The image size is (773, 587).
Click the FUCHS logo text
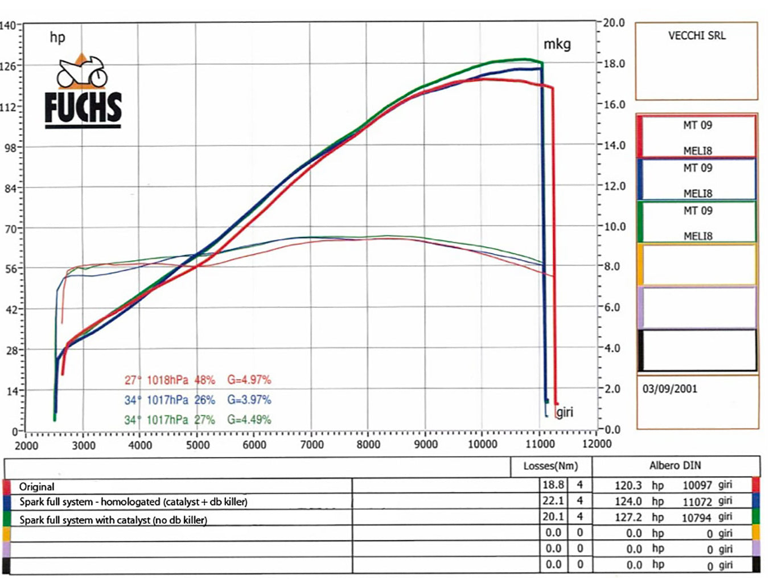(x=83, y=108)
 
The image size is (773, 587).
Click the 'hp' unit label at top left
(x=57, y=38)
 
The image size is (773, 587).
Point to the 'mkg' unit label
(x=557, y=44)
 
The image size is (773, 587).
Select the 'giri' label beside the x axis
(x=564, y=412)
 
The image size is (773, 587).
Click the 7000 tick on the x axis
(x=311, y=445)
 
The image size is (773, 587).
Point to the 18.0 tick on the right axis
(x=614, y=64)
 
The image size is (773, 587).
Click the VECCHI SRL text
(x=697, y=35)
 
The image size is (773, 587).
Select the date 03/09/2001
(x=669, y=389)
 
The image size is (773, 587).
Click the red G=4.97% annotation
(x=249, y=380)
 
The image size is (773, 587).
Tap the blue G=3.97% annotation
(x=249, y=400)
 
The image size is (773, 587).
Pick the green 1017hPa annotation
(x=167, y=420)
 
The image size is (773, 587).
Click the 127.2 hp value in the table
(x=628, y=517)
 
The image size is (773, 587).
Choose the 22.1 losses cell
(x=553, y=500)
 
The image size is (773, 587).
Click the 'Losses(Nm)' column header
(x=550, y=466)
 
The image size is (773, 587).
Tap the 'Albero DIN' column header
(x=675, y=466)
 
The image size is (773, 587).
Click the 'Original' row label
(x=37, y=487)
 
